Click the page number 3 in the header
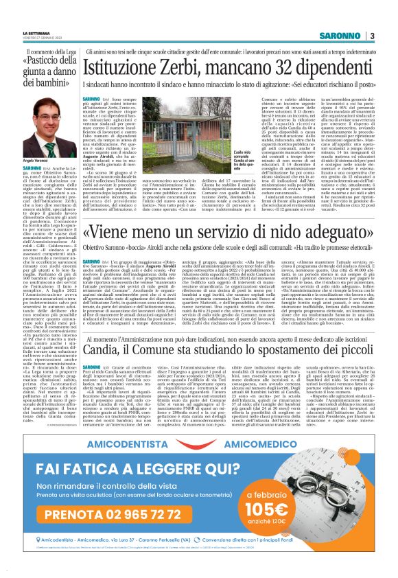click(x=371, y=35)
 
